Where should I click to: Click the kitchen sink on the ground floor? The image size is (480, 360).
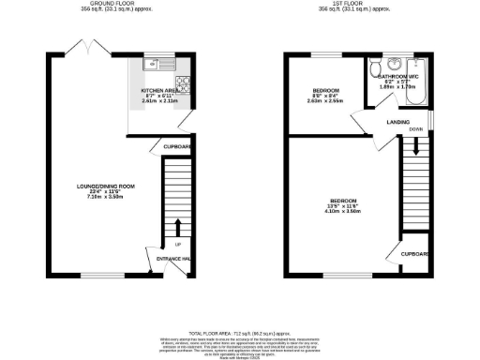[x=154, y=65]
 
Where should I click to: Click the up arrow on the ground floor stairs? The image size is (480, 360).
[x=177, y=225]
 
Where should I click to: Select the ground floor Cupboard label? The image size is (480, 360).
[x=178, y=147]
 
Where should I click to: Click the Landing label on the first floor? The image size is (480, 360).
[x=397, y=122]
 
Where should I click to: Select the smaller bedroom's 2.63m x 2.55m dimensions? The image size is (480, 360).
[x=326, y=100]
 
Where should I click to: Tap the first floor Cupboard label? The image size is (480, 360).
[x=415, y=253]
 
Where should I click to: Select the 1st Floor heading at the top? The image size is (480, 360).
[x=355, y=5]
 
